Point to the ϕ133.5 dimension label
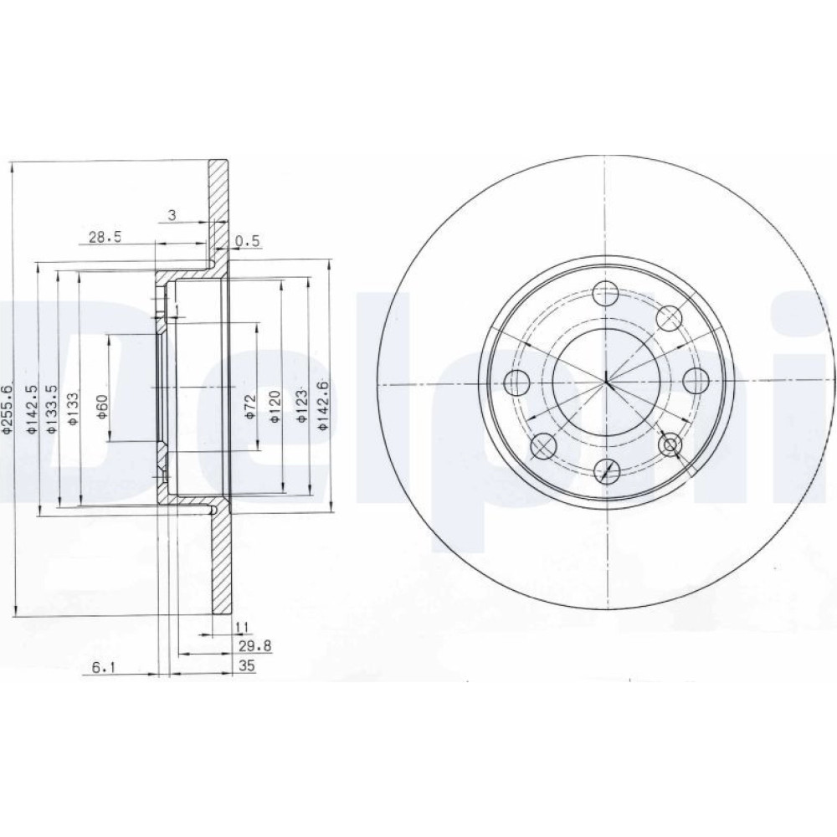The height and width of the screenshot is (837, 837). coord(52,409)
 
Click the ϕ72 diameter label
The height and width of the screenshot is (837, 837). coord(251,408)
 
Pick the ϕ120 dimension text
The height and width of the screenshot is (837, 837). coord(275,408)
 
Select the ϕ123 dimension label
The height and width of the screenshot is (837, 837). coord(302,408)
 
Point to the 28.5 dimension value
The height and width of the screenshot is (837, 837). coord(105,237)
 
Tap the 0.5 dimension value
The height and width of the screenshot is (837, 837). coord(247,241)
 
